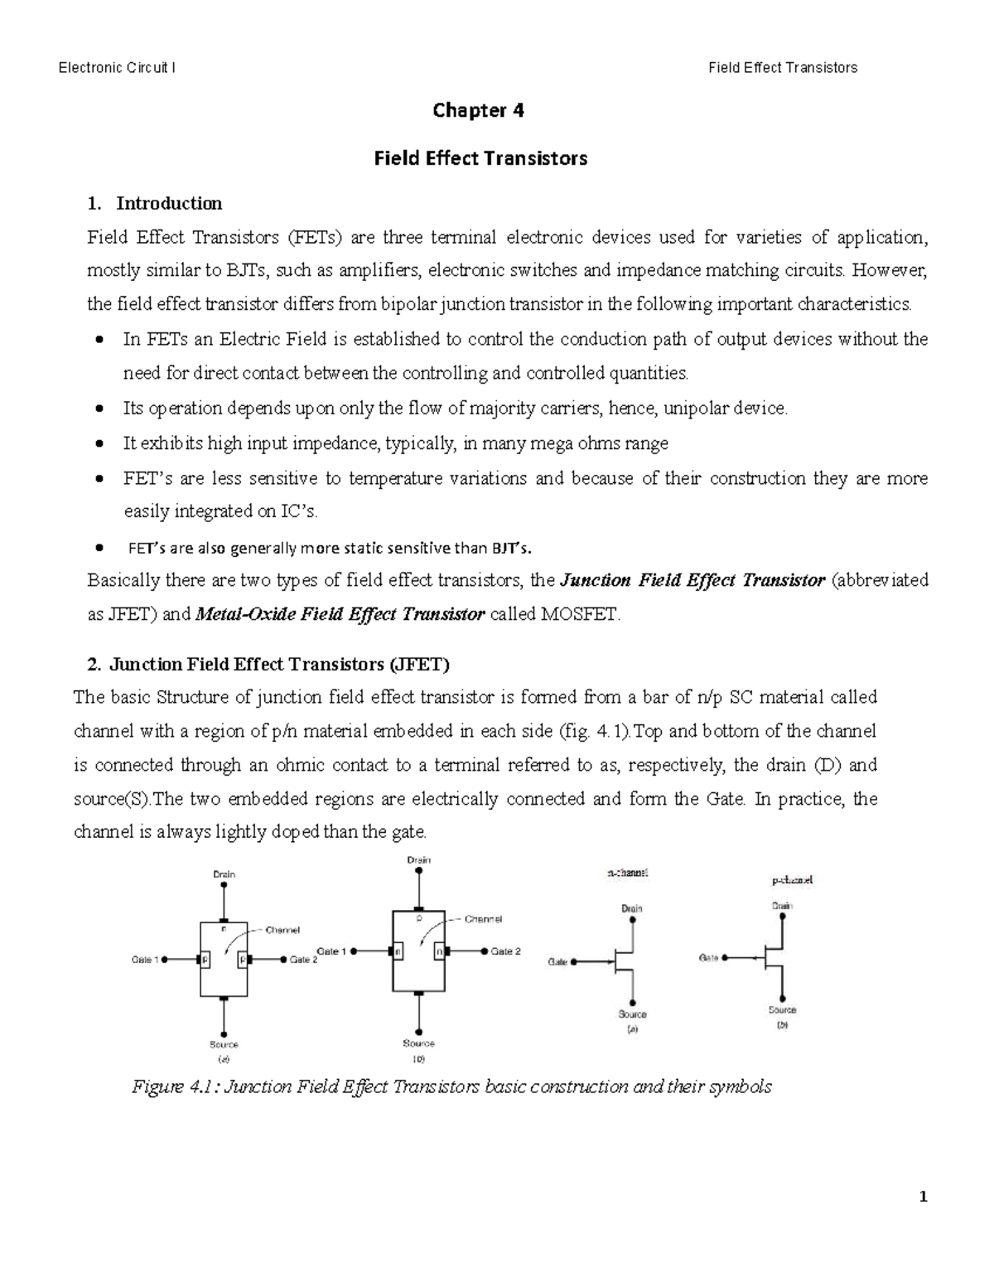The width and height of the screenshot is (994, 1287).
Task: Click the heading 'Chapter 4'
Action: tap(479, 110)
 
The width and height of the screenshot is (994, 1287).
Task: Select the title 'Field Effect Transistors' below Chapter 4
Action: tap(480, 157)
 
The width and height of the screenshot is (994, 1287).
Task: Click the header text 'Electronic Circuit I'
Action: tap(116, 68)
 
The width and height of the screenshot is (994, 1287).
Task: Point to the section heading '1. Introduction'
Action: tap(155, 203)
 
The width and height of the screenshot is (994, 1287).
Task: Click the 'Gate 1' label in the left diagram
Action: tap(145, 960)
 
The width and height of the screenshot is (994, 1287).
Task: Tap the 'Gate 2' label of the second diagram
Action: tap(505, 951)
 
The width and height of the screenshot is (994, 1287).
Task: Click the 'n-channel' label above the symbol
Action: tap(627, 873)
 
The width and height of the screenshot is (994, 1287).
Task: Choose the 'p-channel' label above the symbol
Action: tap(792, 880)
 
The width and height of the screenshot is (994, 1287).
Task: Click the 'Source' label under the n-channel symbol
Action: tap(632, 1014)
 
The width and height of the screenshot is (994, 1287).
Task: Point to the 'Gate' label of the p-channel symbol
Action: tap(708, 957)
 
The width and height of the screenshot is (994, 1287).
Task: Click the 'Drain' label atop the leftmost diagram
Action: tap(224, 873)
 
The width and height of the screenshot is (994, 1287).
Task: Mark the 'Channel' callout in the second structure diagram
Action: tap(483, 919)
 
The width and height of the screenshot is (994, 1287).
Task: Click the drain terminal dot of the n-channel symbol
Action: tap(632, 919)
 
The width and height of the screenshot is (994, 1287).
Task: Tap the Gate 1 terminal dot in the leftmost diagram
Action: tap(165, 960)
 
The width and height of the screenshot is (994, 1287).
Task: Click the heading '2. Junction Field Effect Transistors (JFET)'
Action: tap(268, 664)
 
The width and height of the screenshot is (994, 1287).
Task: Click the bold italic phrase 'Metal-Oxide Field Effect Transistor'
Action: tap(340, 614)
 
